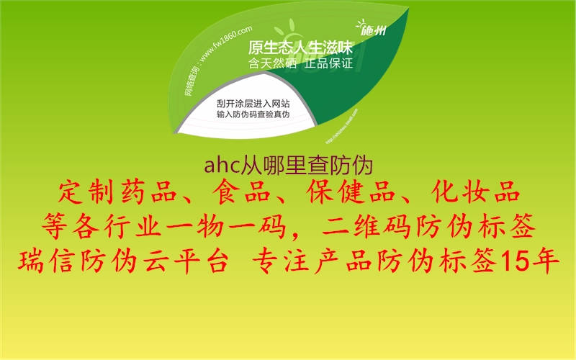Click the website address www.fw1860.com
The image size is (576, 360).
225,45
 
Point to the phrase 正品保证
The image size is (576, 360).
328,64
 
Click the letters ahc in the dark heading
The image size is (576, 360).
218,166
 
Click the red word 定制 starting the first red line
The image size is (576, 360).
77,194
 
